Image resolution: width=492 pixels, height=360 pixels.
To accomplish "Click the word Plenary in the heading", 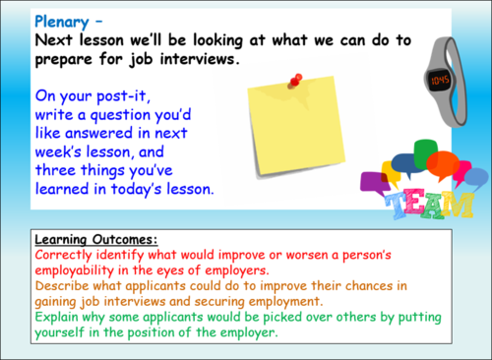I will (59, 20).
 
